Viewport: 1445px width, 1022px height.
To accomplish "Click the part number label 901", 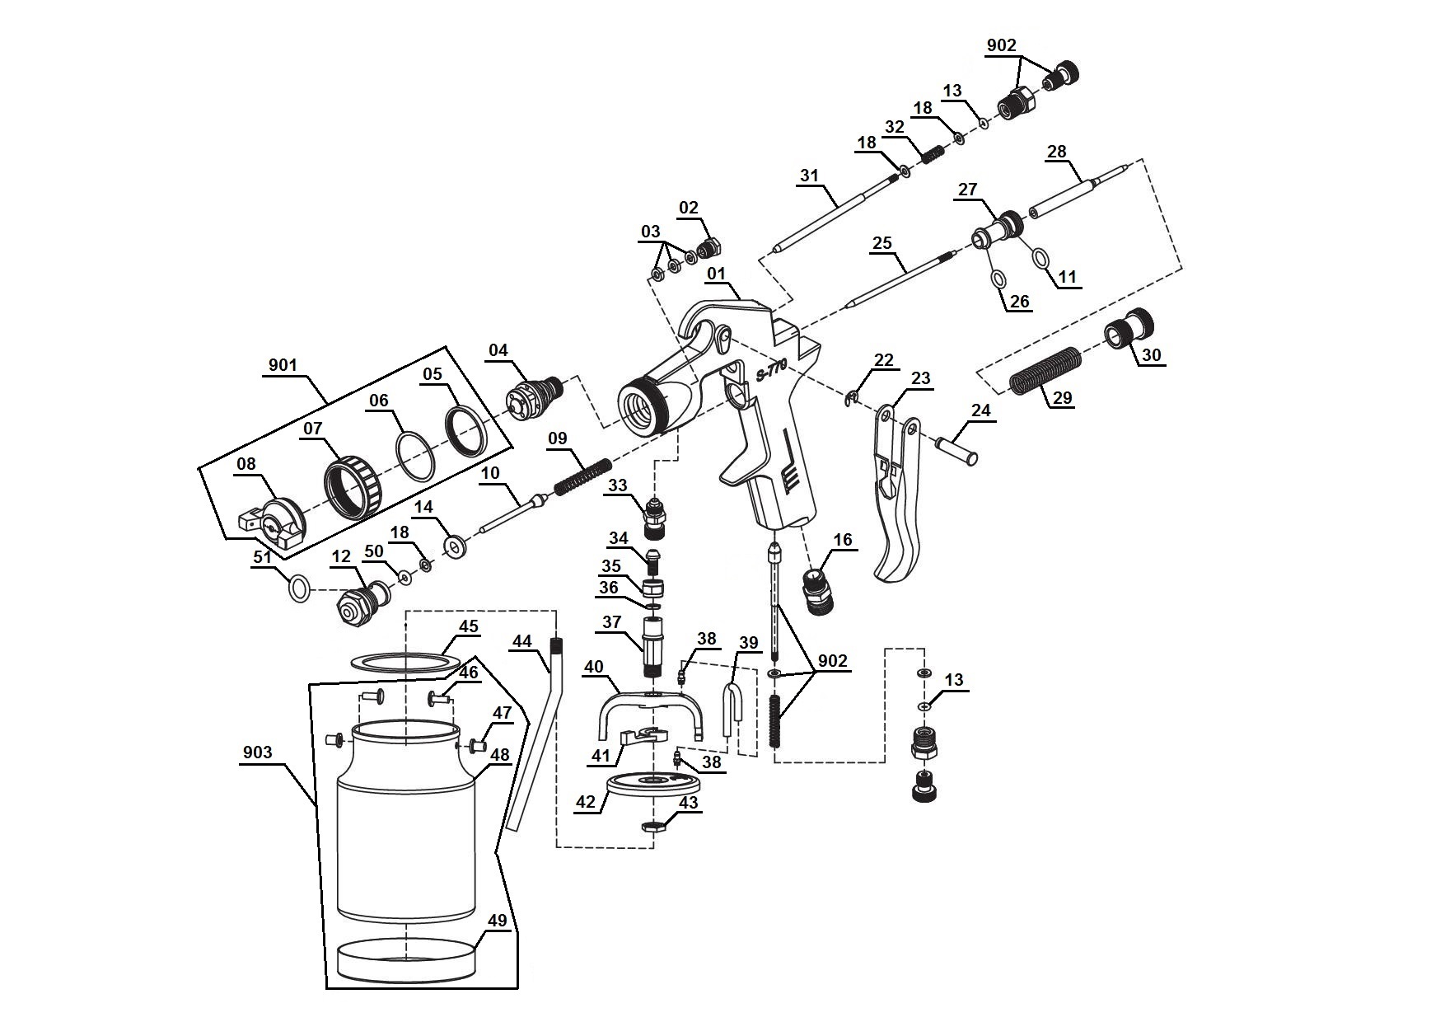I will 283,365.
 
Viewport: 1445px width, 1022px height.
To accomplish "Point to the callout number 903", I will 258,753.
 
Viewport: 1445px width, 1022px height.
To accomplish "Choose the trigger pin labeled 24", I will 956,448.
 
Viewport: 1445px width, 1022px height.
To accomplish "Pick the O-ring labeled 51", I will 300,588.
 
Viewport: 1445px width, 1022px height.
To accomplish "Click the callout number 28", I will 1056,152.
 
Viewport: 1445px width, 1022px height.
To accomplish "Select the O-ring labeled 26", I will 998,279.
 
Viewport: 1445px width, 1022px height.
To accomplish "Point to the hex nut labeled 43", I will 653,826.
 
